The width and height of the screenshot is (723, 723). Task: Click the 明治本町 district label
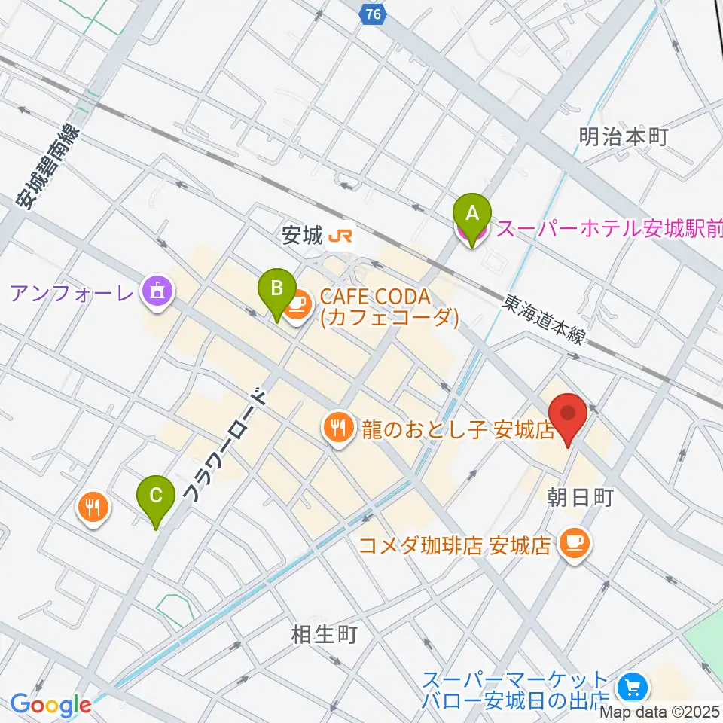click(x=624, y=136)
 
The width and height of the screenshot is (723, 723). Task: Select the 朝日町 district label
click(x=581, y=497)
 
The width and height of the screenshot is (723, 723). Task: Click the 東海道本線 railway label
click(x=543, y=319)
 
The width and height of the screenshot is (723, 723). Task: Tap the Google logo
click(x=50, y=705)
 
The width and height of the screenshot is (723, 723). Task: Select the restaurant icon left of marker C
click(x=93, y=507)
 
